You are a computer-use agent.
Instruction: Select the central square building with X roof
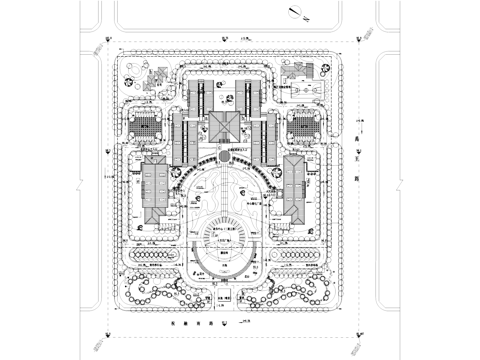(x=223, y=125)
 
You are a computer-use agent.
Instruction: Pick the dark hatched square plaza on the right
(x=301, y=126)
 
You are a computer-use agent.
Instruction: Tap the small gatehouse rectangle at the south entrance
(x=224, y=299)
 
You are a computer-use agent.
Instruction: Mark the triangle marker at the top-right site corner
(x=360, y=41)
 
